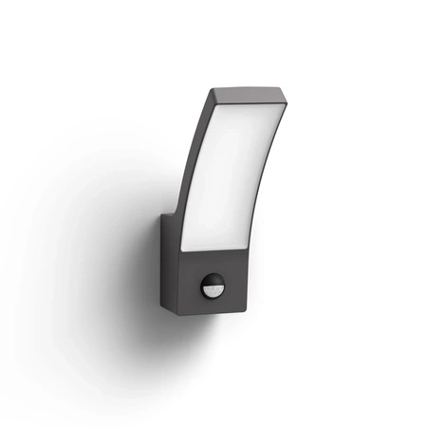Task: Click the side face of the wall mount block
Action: tap(167, 256)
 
